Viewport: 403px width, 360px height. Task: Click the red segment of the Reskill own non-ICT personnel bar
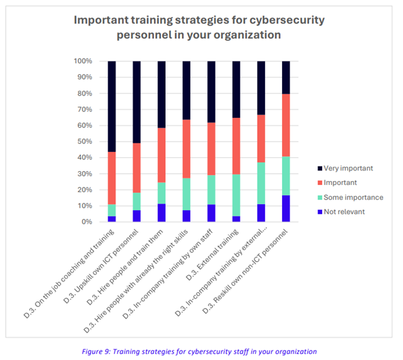coord(286,125)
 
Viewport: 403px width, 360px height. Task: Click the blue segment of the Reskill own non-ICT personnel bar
coord(286,209)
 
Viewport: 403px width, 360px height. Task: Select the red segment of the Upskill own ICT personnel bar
coord(137,168)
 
